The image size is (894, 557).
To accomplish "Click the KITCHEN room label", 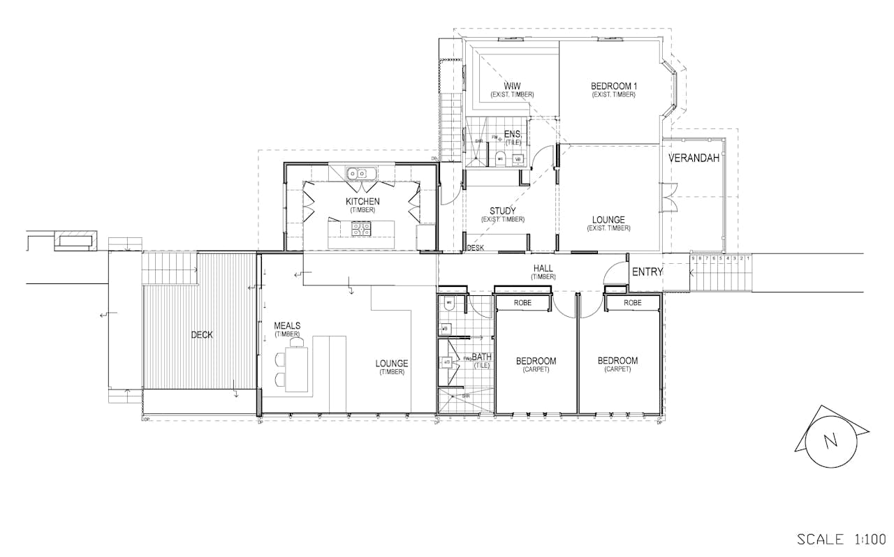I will coord(362,202).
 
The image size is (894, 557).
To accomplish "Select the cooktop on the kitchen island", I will coord(361,226).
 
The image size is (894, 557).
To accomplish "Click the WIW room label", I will coord(512,87).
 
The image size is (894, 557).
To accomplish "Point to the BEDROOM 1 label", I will coord(613,87).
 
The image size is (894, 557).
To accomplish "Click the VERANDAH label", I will coord(694,158).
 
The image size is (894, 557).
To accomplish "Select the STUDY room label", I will coord(502,211).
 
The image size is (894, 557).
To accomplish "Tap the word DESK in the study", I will coord(476,248).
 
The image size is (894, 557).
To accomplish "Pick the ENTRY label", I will coord(647,272).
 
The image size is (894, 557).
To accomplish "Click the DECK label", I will coord(202,335).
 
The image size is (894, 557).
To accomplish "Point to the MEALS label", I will coord(287,326).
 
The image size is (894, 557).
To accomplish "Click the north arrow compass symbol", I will coord(830,440).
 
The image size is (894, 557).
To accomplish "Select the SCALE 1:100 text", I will coord(841,540).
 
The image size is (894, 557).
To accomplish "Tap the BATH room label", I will coord(481,357).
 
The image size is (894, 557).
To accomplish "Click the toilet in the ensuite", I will coord(499,158).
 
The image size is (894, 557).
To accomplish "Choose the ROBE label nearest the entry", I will coord(632,303).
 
